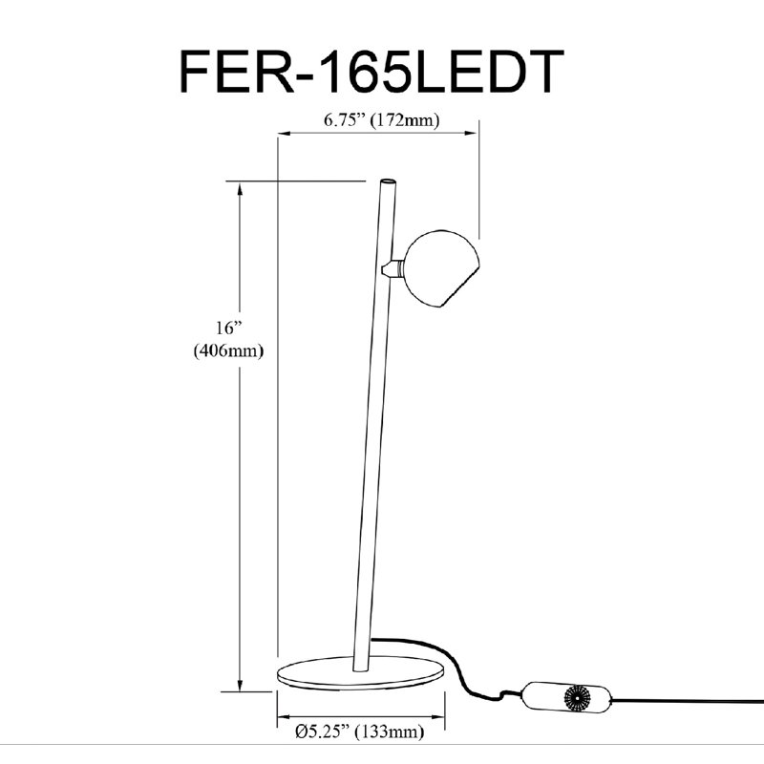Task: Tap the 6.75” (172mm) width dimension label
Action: coord(381,120)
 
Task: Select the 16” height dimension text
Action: coord(229,328)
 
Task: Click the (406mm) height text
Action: coord(228,350)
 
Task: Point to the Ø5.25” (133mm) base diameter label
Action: coord(360,731)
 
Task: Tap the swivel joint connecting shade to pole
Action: coord(393,269)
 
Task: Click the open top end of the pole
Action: coord(388,182)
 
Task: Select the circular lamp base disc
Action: coord(361,674)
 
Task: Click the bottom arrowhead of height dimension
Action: coord(240,685)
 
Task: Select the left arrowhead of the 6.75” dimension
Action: coord(284,133)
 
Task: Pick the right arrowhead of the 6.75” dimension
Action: coord(470,133)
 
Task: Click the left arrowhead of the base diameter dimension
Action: coord(284,717)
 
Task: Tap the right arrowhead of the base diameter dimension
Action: coord(438,717)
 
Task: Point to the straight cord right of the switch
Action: coord(688,701)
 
